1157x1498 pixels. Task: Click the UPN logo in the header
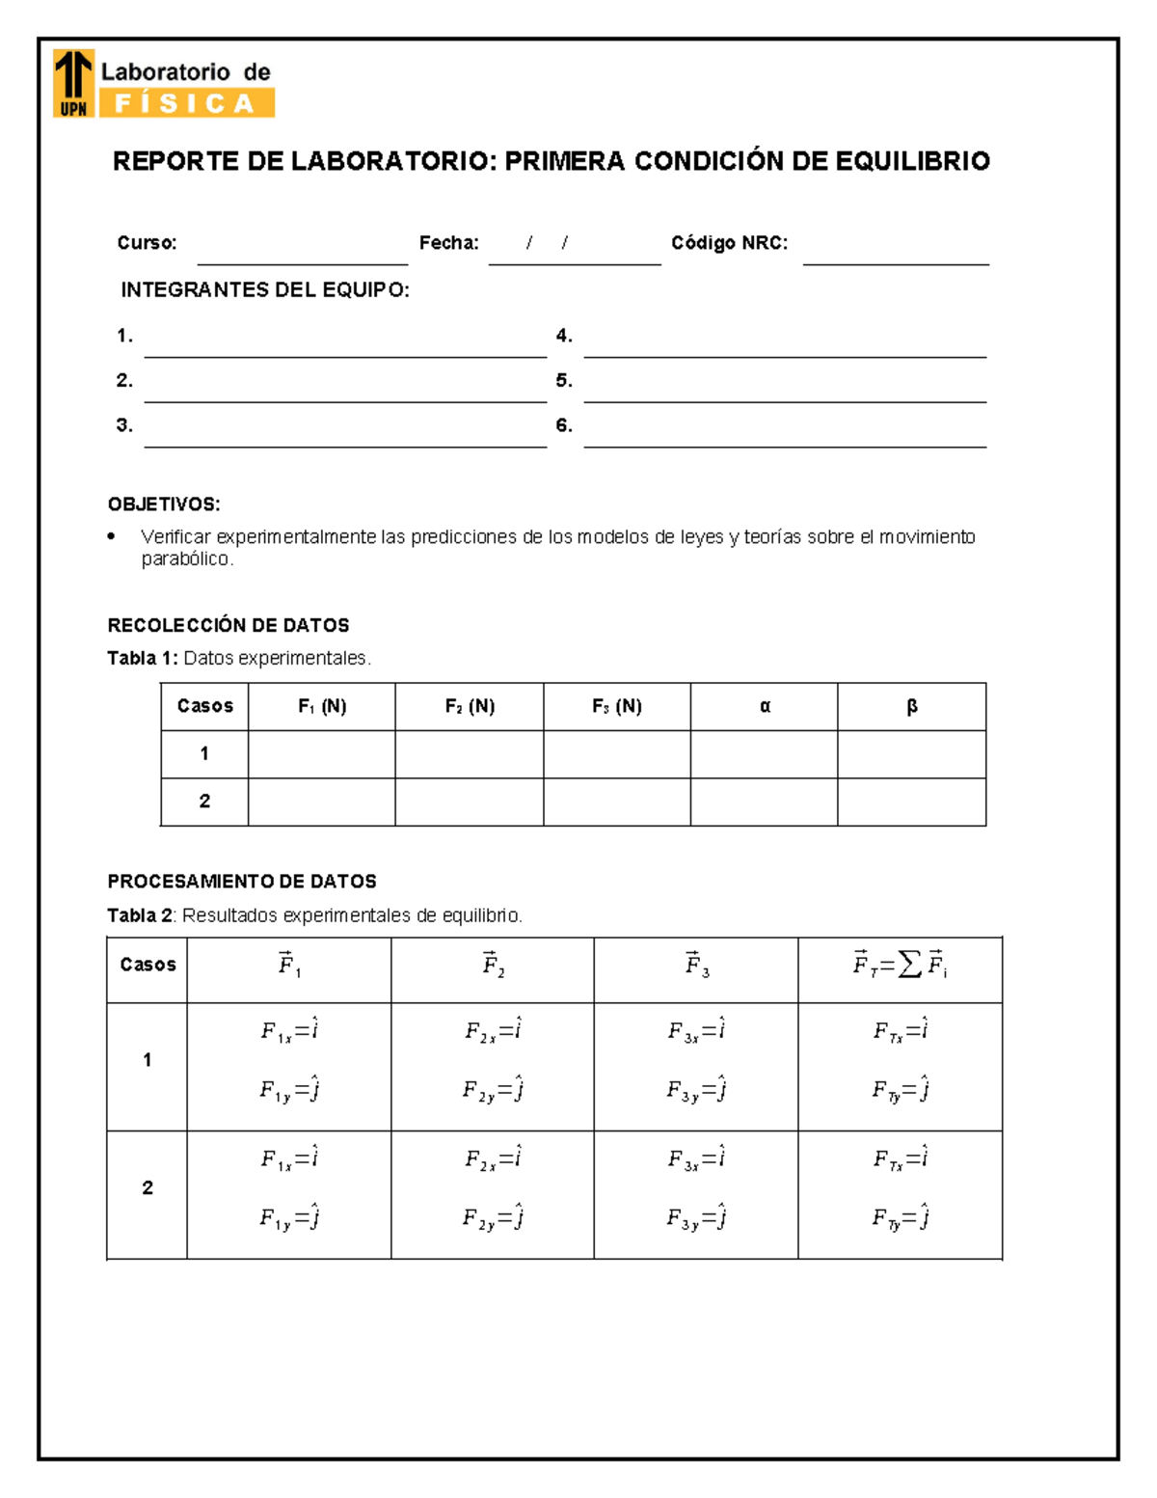(73, 83)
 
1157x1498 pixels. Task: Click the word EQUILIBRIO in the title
(912, 161)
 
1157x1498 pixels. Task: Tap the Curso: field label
(147, 243)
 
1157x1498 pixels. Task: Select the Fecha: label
(448, 243)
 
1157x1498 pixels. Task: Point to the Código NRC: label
(729, 243)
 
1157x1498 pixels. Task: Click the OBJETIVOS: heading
(164, 504)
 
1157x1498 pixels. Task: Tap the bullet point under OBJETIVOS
(113, 536)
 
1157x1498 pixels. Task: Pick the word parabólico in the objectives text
(186, 559)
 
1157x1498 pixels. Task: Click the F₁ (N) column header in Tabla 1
(322, 706)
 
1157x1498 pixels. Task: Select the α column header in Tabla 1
(765, 706)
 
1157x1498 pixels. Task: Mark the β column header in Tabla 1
(912, 706)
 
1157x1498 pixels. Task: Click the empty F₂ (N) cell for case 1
(470, 754)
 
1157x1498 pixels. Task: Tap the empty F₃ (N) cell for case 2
(617, 802)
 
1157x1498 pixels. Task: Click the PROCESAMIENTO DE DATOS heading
(242, 882)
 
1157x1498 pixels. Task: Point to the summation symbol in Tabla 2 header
(909, 965)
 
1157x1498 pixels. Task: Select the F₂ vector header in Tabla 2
(493, 965)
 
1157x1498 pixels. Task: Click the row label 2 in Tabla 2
(148, 1188)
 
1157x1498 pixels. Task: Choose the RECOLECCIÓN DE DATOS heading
(229, 625)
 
